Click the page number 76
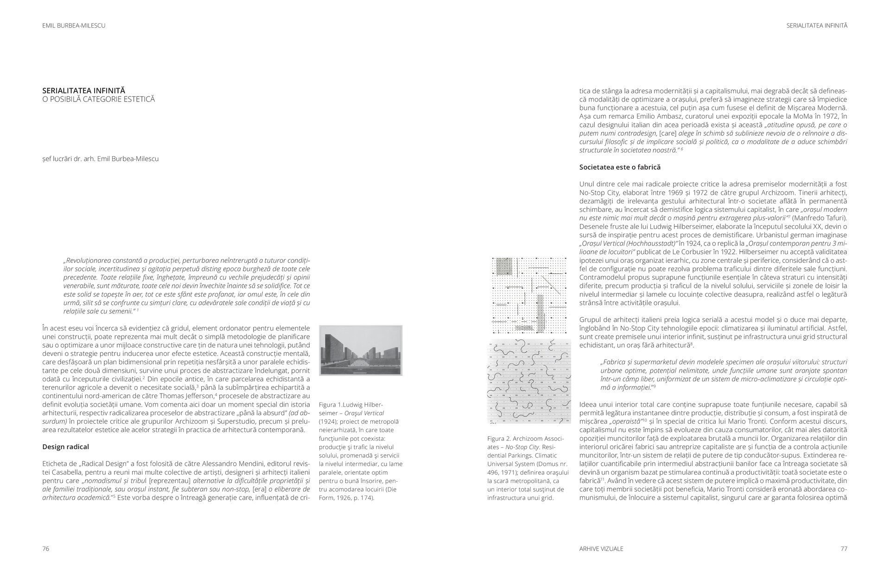pos(45,549)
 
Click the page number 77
pos(844,549)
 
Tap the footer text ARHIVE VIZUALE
pos(601,549)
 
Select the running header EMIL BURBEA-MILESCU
pos(74,26)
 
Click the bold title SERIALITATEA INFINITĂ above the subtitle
pos(83,91)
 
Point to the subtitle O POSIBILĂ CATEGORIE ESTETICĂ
pos(98,100)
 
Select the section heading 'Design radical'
pos(65,447)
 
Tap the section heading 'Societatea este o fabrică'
pos(620,167)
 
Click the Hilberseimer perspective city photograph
pos(361,350)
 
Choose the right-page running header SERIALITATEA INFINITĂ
pos(817,26)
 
